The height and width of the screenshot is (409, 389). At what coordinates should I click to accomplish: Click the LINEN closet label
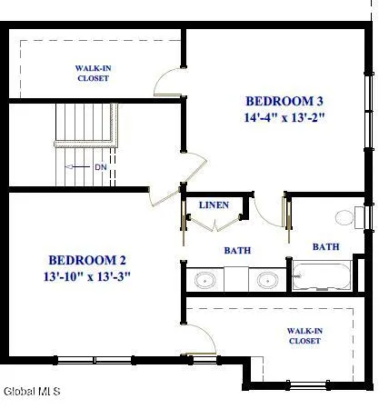click(214, 205)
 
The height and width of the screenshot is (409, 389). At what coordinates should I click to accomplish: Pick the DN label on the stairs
click(100, 167)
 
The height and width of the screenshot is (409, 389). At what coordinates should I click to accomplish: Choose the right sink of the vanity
click(266, 279)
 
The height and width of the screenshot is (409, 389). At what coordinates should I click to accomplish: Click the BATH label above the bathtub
click(325, 246)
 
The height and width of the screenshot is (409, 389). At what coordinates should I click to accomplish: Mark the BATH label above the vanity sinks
click(238, 251)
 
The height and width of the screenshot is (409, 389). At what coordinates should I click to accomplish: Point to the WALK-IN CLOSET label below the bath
click(304, 336)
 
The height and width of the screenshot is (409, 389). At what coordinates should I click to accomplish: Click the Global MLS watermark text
click(32, 393)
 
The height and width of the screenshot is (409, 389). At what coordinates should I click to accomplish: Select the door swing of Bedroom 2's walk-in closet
click(200, 341)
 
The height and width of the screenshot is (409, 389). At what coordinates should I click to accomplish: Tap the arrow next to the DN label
click(81, 167)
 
